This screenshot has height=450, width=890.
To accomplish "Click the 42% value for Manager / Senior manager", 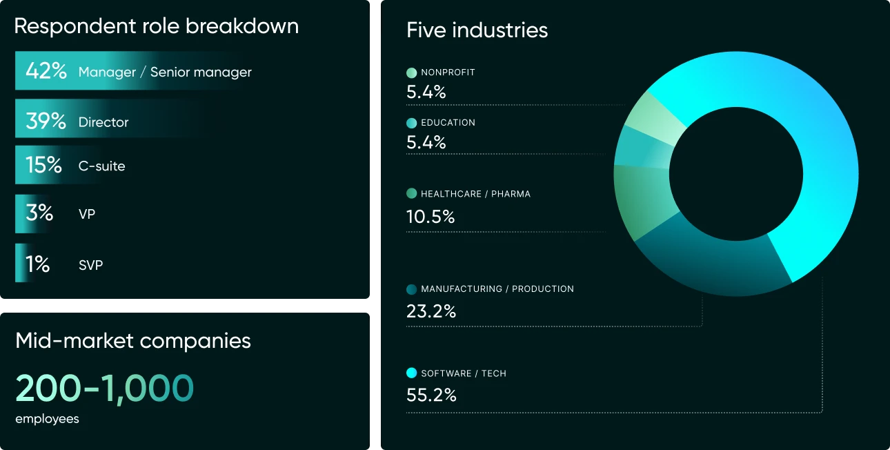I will [x=46, y=71].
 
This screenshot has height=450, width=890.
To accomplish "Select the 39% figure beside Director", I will [x=46, y=121].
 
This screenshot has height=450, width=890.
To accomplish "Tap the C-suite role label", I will [x=101, y=166].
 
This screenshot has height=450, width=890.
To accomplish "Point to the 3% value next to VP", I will [x=39, y=213].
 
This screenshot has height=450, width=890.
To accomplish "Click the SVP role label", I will [x=90, y=265].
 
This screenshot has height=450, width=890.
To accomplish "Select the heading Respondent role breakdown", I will [x=157, y=26].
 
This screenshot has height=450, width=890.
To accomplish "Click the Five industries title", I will [x=477, y=30].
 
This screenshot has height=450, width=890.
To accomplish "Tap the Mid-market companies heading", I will [x=133, y=340].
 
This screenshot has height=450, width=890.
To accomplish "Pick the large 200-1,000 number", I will [x=105, y=388].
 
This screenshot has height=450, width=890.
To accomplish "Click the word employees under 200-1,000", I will [x=47, y=419].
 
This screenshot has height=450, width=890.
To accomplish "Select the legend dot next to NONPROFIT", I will [x=412, y=72].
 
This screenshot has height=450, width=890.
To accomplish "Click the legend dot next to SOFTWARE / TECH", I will [x=412, y=373].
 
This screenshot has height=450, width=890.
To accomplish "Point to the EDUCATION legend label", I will [x=448, y=123].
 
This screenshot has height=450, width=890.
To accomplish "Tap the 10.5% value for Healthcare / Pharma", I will [x=431, y=217].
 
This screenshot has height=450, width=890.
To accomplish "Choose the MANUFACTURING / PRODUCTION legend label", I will [x=497, y=289].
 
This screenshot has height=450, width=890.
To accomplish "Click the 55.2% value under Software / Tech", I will [x=431, y=395].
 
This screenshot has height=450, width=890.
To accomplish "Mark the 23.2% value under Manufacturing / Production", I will [x=431, y=311].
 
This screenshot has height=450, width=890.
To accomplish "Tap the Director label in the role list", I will [x=103, y=122].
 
